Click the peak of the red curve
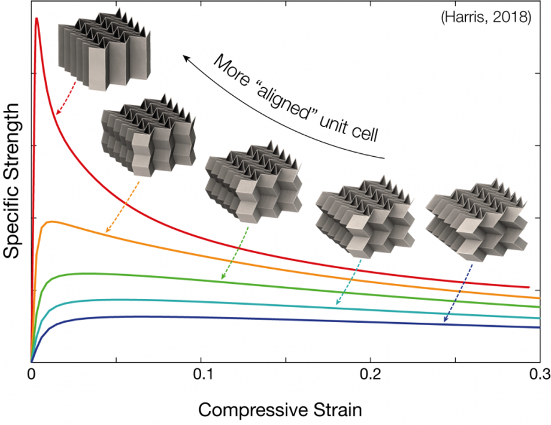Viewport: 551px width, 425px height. [x=36, y=19]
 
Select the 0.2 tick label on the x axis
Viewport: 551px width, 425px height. [x=371, y=374]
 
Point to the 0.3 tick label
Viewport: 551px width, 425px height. [x=540, y=374]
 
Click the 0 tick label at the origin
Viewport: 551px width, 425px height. [x=31, y=374]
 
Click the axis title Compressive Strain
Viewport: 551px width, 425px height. [x=280, y=410]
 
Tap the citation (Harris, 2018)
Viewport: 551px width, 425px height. [x=486, y=17]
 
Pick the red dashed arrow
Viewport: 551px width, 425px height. [x=66, y=98]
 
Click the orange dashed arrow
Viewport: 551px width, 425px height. [x=122, y=207]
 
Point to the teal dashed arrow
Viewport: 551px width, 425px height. [x=349, y=282]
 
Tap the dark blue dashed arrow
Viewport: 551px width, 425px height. [x=458, y=293]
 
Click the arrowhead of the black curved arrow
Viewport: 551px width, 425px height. [x=186, y=58]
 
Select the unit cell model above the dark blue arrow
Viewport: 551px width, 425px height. [x=477, y=220]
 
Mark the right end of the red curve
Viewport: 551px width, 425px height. [x=529, y=287]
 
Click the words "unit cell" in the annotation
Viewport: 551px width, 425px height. [x=349, y=128]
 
